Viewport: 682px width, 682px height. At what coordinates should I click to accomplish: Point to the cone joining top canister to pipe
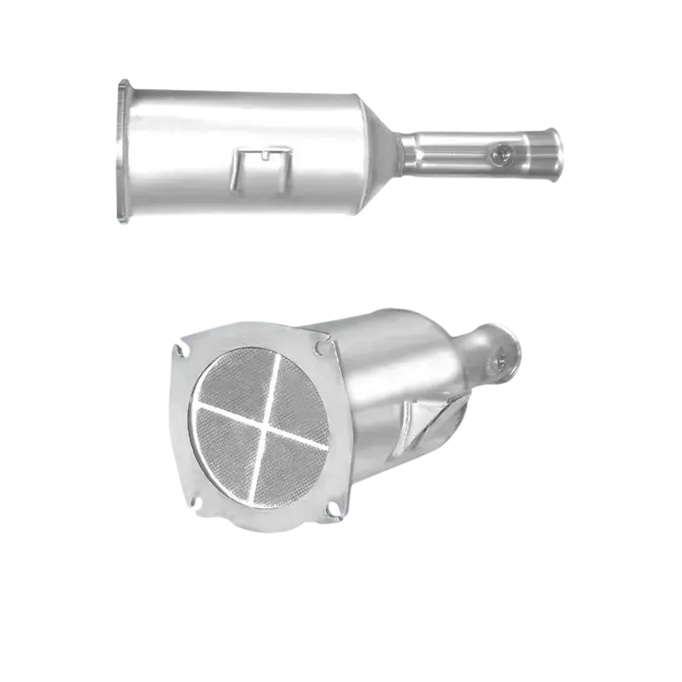[x=382, y=152]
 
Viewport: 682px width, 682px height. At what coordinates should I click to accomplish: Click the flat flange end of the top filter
[x=121, y=152]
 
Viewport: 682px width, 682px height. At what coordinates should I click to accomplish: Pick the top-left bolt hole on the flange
[x=179, y=350]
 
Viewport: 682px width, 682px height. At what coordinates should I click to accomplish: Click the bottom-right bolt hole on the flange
[x=332, y=512]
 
